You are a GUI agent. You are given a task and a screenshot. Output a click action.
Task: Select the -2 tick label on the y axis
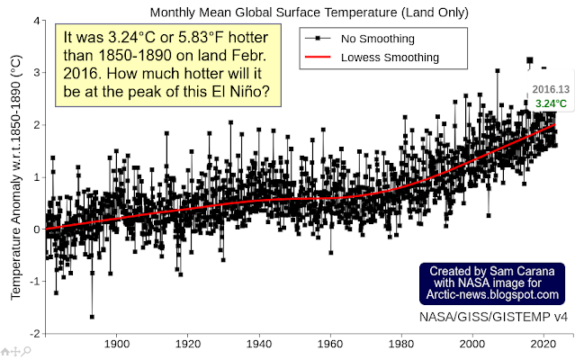[32, 333]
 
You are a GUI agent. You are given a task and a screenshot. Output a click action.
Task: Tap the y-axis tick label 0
[36, 229]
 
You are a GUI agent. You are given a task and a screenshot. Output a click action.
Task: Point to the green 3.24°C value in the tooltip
[551, 103]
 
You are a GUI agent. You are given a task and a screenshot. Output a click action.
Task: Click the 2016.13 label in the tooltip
[551, 91]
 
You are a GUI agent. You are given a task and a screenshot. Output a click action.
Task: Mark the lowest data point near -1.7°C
[92, 316]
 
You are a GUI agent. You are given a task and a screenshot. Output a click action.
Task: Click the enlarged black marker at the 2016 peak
[530, 61]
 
